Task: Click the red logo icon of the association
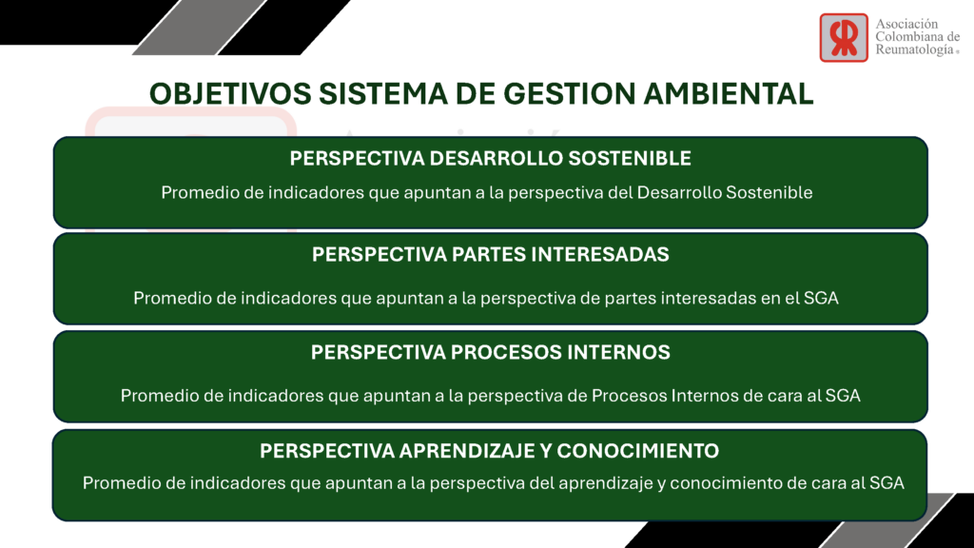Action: (844, 38)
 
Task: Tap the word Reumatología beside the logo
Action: (914, 50)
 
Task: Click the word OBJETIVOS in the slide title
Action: (230, 94)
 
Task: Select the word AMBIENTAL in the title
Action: (728, 94)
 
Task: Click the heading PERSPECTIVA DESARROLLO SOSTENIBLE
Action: (490, 159)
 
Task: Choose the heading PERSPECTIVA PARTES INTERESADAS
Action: (490, 255)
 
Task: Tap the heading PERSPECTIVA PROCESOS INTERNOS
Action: (490, 352)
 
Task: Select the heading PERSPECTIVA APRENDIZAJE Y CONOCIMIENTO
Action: (490, 450)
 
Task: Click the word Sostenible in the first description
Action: (769, 192)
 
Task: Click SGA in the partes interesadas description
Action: (821, 298)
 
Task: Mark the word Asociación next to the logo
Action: (906, 24)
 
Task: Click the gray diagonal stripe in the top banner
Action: (199, 28)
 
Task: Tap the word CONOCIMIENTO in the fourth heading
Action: (638, 450)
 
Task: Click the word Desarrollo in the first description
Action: (679, 192)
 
